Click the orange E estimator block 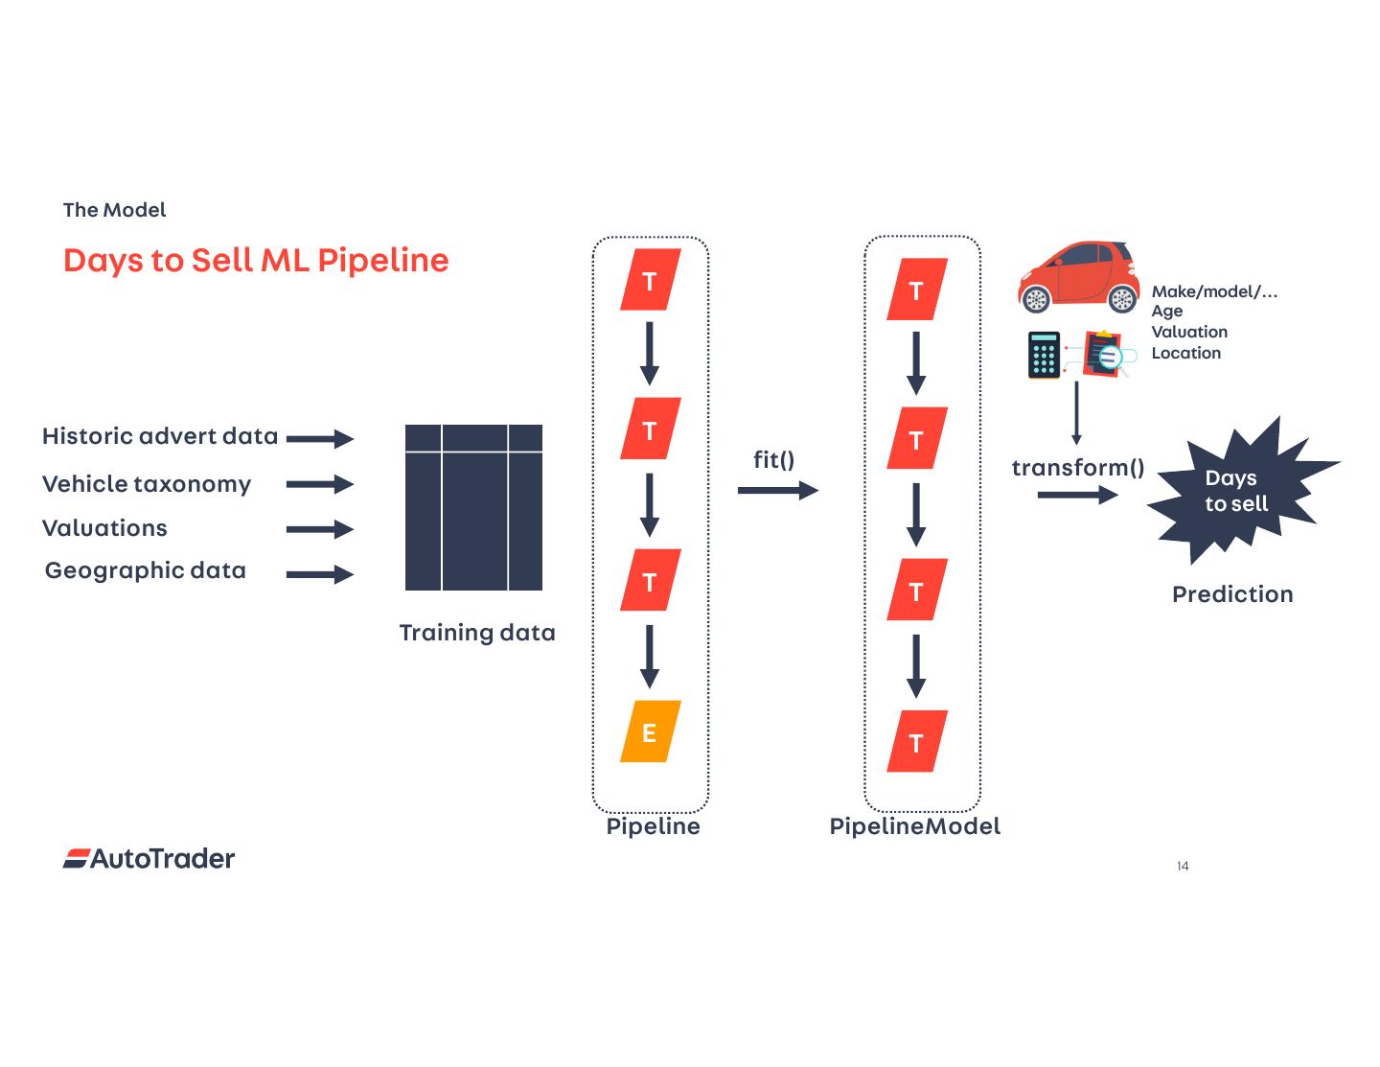tap(650, 731)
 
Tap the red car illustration tap(1077, 277)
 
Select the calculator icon tap(1044, 355)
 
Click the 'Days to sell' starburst tap(1237, 490)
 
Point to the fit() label tap(773, 460)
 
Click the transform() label tap(1077, 468)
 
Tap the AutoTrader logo tap(149, 858)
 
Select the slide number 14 tap(1183, 867)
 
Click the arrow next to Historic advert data tap(320, 439)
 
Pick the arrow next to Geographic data tap(320, 574)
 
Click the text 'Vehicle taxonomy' tap(147, 484)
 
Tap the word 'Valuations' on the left tap(104, 528)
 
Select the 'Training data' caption tap(476, 633)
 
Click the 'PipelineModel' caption tap(914, 826)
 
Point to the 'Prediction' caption tap(1232, 594)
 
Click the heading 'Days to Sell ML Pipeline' tap(256, 261)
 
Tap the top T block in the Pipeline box tap(650, 281)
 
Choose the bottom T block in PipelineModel tap(916, 741)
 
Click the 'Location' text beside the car tap(1185, 353)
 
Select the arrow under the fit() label tap(777, 491)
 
